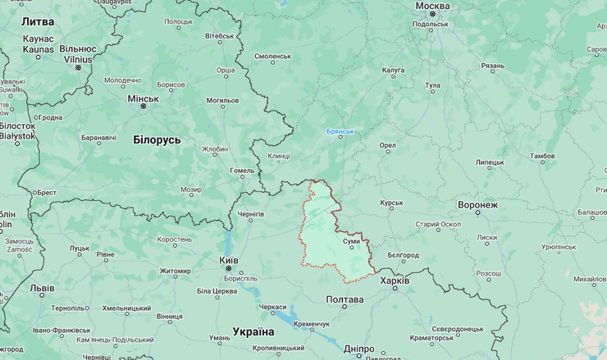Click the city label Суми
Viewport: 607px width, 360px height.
click(x=351, y=241)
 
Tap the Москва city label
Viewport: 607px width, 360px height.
click(x=432, y=7)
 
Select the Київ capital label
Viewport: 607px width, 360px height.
click(x=229, y=260)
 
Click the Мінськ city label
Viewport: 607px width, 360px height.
click(x=143, y=98)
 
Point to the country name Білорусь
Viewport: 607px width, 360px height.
click(x=157, y=140)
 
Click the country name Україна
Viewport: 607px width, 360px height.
click(x=253, y=331)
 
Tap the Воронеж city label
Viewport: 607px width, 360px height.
click(x=478, y=204)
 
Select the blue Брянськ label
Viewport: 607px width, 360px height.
click(x=340, y=131)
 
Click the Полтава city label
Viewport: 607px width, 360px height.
click(x=345, y=300)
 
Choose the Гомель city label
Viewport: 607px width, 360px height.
click(x=242, y=171)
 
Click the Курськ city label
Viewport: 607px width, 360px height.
click(x=391, y=203)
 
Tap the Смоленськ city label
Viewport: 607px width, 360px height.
click(x=273, y=56)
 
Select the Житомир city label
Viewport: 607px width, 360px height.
click(x=175, y=271)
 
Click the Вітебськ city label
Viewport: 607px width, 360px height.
click(x=219, y=36)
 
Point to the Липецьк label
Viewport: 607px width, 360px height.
click(x=490, y=162)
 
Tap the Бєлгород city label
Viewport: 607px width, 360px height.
click(x=403, y=255)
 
